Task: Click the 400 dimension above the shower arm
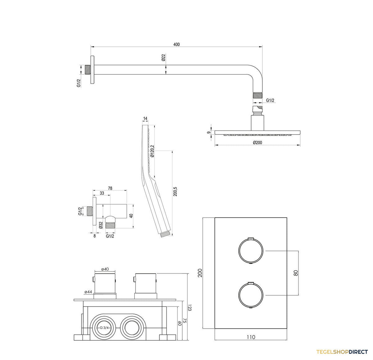pyautogui.click(x=176, y=44)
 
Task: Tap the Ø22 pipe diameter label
pyautogui.click(x=163, y=58)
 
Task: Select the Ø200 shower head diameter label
pyautogui.click(x=257, y=142)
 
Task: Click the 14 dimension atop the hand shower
pyautogui.click(x=145, y=118)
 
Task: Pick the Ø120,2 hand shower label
pyautogui.click(x=152, y=151)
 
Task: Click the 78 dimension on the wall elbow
pyautogui.click(x=110, y=188)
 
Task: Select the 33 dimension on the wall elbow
pyautogui.click(x=102, y=193)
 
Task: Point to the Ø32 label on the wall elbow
pyautogui.click(x=101, y=225)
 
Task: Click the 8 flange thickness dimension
pyautogui.click(x=94, y=236)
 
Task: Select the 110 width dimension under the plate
pyautogui.click(x=251, y=337)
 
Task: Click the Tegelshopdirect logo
pyautogui.click(x=342, y=352)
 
